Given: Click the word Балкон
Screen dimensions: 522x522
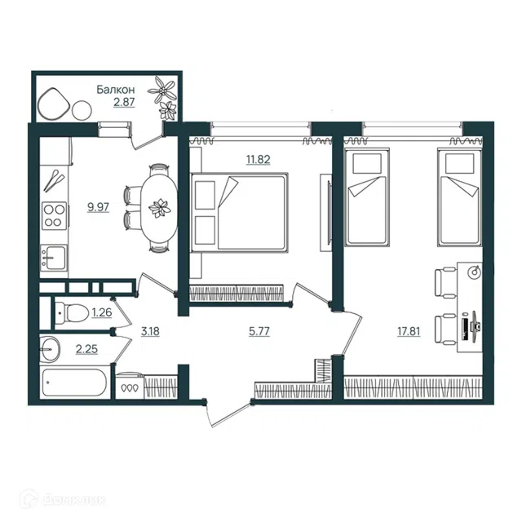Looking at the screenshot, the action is point(116,90).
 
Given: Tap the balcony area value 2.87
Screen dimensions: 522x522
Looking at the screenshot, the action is point(124,102).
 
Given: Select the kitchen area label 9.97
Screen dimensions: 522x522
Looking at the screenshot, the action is point(98,207).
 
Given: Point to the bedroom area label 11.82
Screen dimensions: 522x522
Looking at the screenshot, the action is point(258,160).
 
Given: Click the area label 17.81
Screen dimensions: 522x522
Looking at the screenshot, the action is point(409,331).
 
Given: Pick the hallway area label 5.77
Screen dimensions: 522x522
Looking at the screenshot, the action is point(259,331).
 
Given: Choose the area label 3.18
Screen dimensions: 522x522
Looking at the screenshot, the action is point(150,331).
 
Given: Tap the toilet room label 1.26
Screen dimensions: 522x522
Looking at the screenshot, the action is point(101,312).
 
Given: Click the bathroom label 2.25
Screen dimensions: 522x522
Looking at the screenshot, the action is point(86,349).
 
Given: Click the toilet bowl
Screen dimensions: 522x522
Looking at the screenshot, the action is point(72,312).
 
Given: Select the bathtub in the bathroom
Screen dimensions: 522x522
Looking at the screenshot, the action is point(74,383).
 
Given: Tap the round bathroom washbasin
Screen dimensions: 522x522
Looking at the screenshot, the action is point(50,349).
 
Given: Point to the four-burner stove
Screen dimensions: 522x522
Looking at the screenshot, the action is point(55,215).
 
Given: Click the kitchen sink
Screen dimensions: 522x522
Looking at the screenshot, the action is point(54,258).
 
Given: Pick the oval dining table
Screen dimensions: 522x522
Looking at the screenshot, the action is point(159,208).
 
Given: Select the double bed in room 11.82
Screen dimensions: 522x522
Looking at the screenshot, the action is point(239,212).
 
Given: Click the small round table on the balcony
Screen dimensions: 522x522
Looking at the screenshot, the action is point(82,109).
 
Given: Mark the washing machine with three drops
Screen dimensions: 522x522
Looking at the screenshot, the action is point(130,386).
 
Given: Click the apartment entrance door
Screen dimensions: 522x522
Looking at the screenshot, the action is point(228,414).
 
